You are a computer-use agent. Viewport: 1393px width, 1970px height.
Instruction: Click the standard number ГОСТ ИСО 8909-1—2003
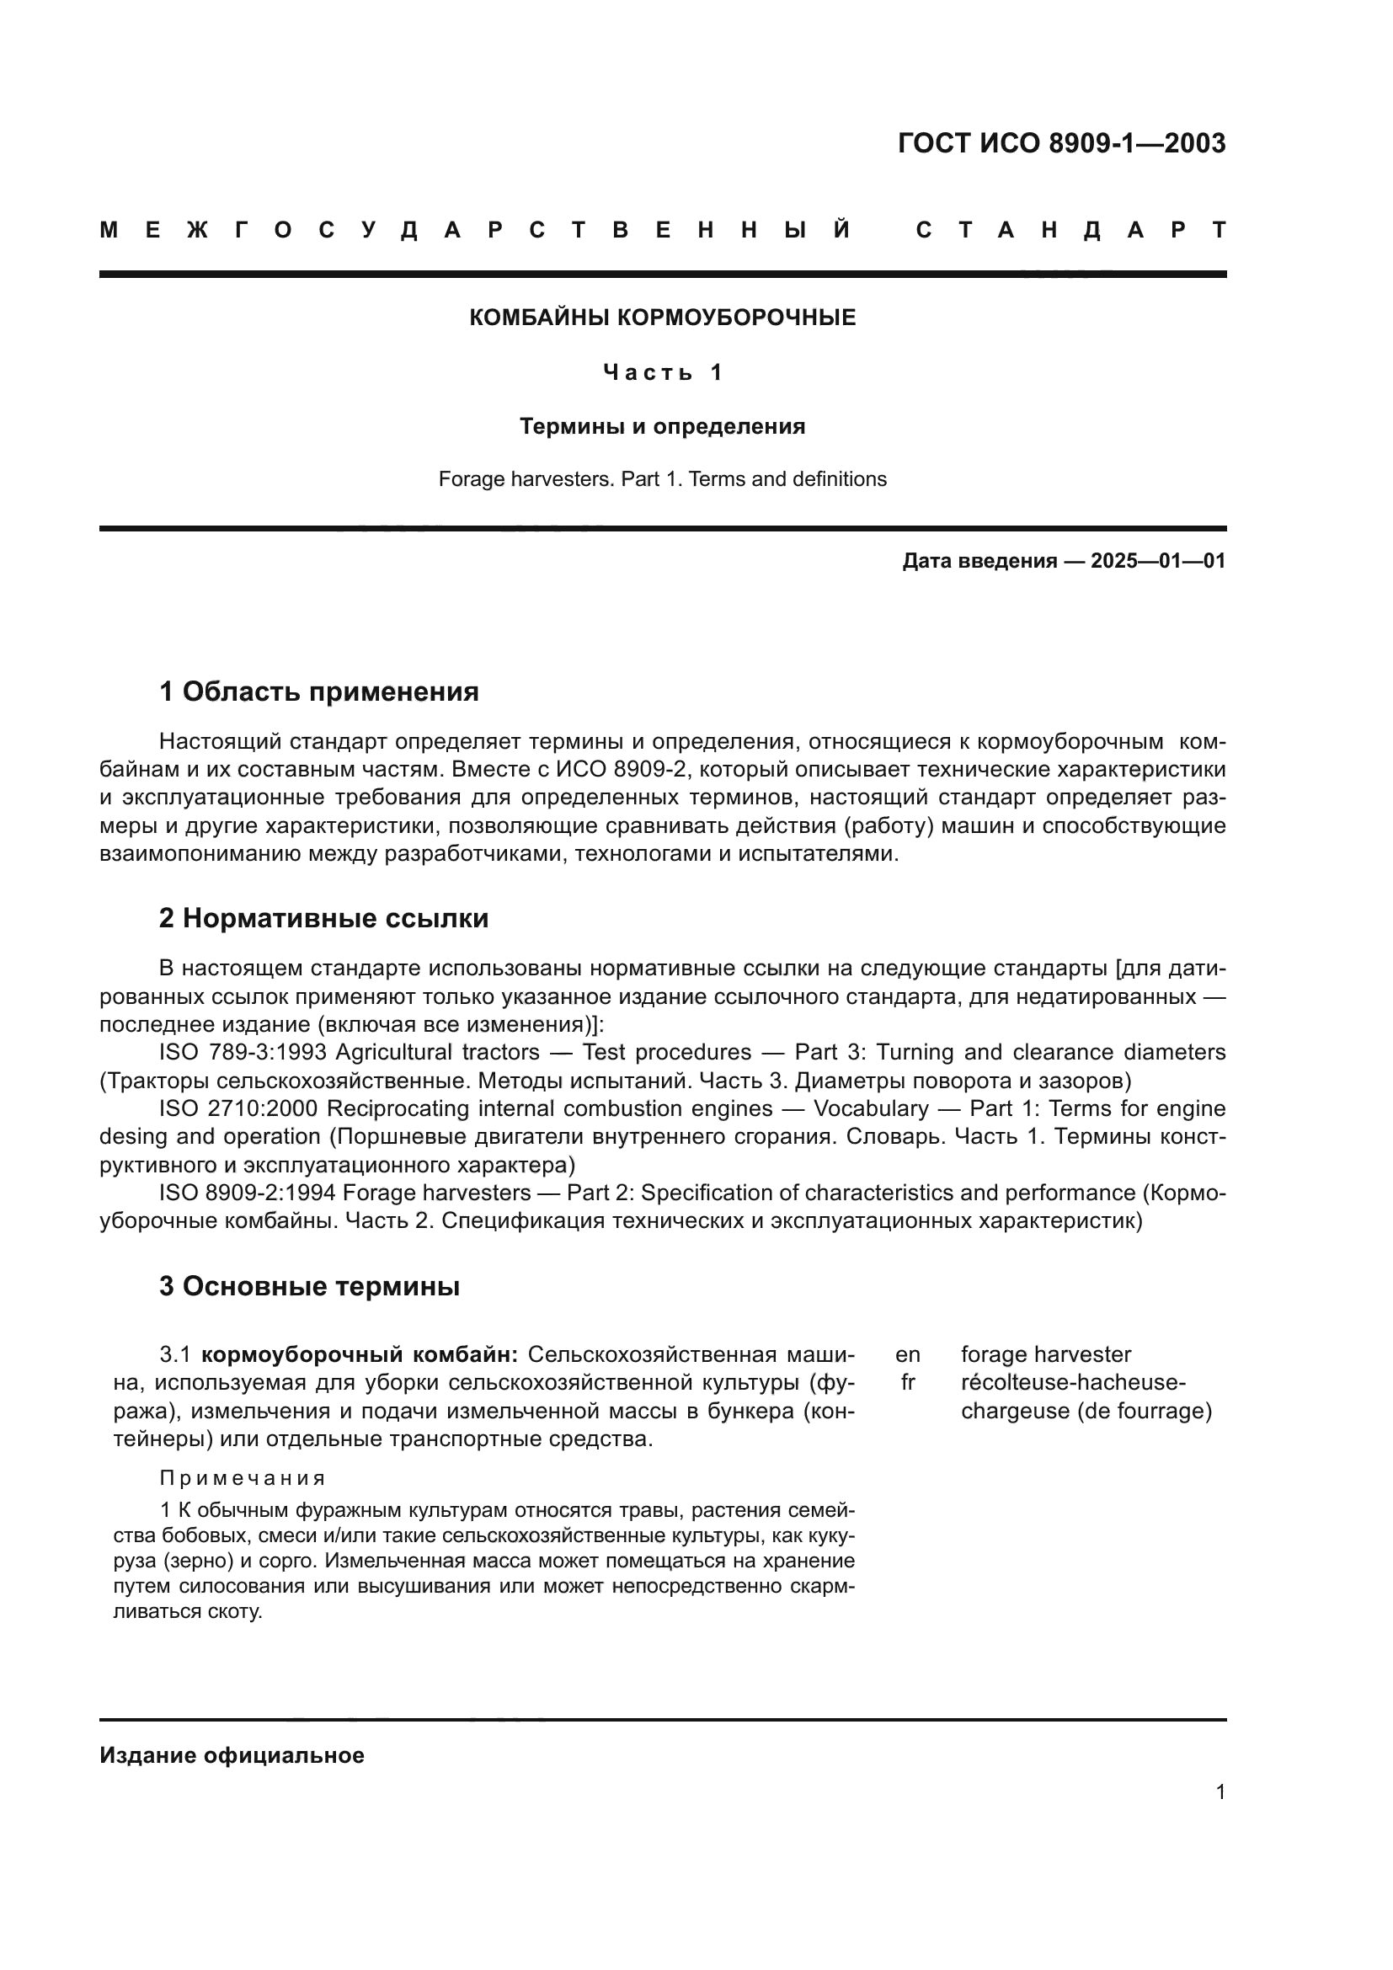(x=1061, y=143)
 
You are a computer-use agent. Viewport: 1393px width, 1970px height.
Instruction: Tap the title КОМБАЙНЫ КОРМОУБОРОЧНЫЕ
(x=662, y=318)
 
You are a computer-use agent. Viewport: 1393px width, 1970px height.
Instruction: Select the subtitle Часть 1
(x=662, y=372)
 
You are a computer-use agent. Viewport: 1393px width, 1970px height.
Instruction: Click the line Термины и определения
(x=662, y=426)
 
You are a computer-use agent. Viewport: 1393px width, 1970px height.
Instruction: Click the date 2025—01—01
(x=1158, y=561)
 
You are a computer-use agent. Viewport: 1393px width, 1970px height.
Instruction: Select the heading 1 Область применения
(x=318, y=691)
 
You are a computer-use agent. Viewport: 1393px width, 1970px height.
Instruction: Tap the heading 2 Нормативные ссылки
(x=323, y=918)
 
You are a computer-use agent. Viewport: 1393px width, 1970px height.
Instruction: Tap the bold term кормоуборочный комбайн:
(x=360, y=1355)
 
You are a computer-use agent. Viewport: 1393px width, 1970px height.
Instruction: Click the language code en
(x=908, y=1355)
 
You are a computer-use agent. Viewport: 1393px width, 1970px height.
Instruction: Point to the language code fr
(x=908, y=1382)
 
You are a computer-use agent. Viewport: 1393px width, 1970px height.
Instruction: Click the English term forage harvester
(x=1046, y=1355)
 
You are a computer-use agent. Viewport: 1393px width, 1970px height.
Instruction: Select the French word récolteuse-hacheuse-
(x=1073, y=1382)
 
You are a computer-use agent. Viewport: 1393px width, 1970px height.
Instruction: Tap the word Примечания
(x=243, y=1478)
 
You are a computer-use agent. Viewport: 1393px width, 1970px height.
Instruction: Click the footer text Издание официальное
(x=232, y=1755)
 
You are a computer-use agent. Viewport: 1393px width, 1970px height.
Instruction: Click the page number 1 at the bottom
(x=1220, y=1792)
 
